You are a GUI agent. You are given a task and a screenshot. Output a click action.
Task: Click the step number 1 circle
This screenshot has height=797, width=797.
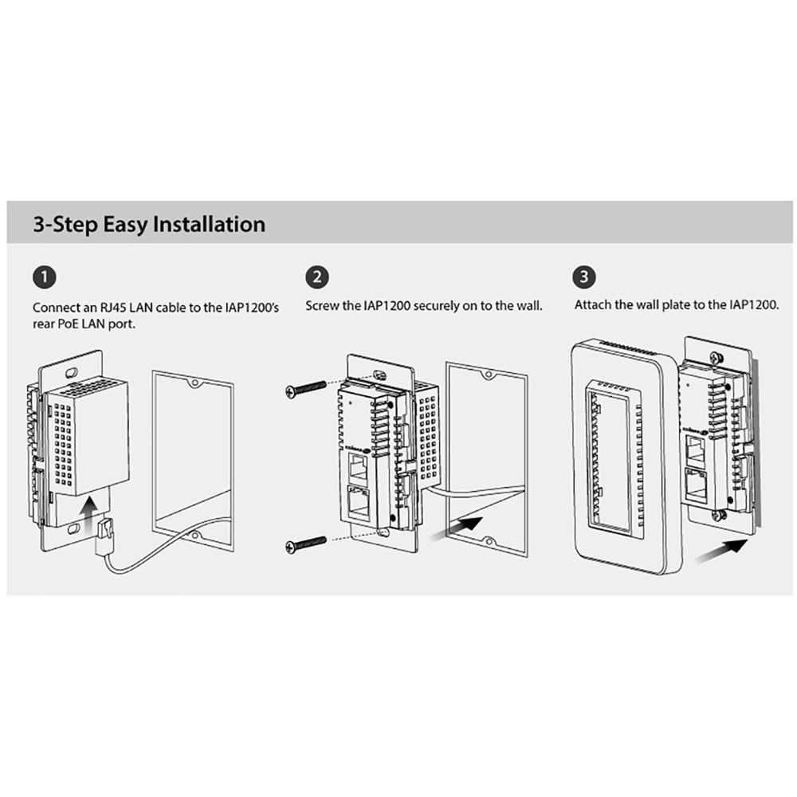coord(45,277)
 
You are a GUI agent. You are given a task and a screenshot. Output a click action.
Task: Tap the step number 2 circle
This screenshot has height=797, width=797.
coord(317,277)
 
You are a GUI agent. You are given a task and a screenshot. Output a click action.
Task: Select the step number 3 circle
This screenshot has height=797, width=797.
coord(584,277)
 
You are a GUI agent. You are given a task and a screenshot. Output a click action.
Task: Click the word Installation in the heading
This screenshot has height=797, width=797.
coord(210,224)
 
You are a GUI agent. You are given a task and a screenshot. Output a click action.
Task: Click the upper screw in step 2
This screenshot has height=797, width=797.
coord(306,389)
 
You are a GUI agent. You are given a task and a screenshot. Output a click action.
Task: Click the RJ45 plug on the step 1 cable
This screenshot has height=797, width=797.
coord(104,536)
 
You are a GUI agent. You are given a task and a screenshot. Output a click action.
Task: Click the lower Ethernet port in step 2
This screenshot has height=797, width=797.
coord(359,503)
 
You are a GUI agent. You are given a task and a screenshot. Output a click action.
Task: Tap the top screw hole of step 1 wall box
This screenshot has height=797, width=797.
coord(194,383)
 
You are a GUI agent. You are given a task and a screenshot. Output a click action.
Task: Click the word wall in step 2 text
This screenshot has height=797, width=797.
coord(529,306)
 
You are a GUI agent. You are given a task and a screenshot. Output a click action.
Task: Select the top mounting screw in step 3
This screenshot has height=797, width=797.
coord(718,358)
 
